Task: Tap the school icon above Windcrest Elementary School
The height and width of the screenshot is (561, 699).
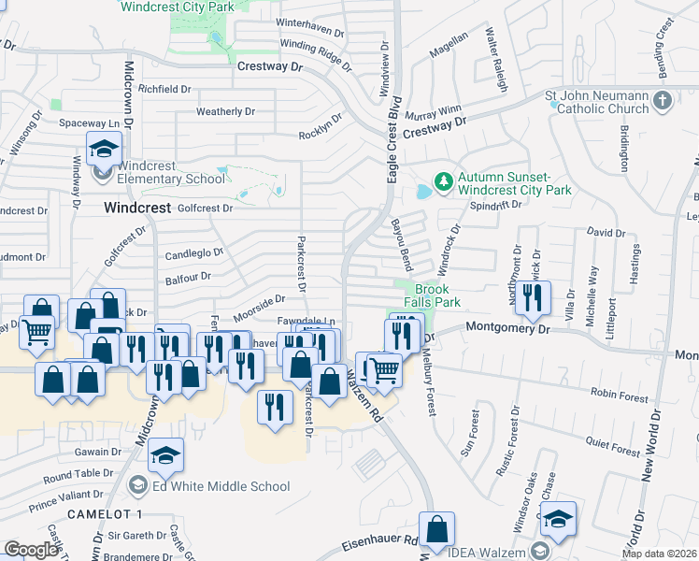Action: [104, 148]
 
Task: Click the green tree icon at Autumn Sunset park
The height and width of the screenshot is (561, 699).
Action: [443, 180]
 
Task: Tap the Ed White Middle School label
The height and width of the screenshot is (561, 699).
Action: [221, 486]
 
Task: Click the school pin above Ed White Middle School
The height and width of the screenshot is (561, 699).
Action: [166, 455]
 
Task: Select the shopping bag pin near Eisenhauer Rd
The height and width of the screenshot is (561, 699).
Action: [436, 529]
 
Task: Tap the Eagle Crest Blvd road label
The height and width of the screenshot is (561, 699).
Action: [394, 138]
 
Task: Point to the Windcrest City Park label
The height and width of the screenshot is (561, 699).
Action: [178, 7]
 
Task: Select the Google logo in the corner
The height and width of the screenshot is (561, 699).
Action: [31, 550]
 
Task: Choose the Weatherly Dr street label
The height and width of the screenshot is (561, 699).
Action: [225, 112]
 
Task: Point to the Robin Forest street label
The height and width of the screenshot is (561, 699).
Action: [619, 397]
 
